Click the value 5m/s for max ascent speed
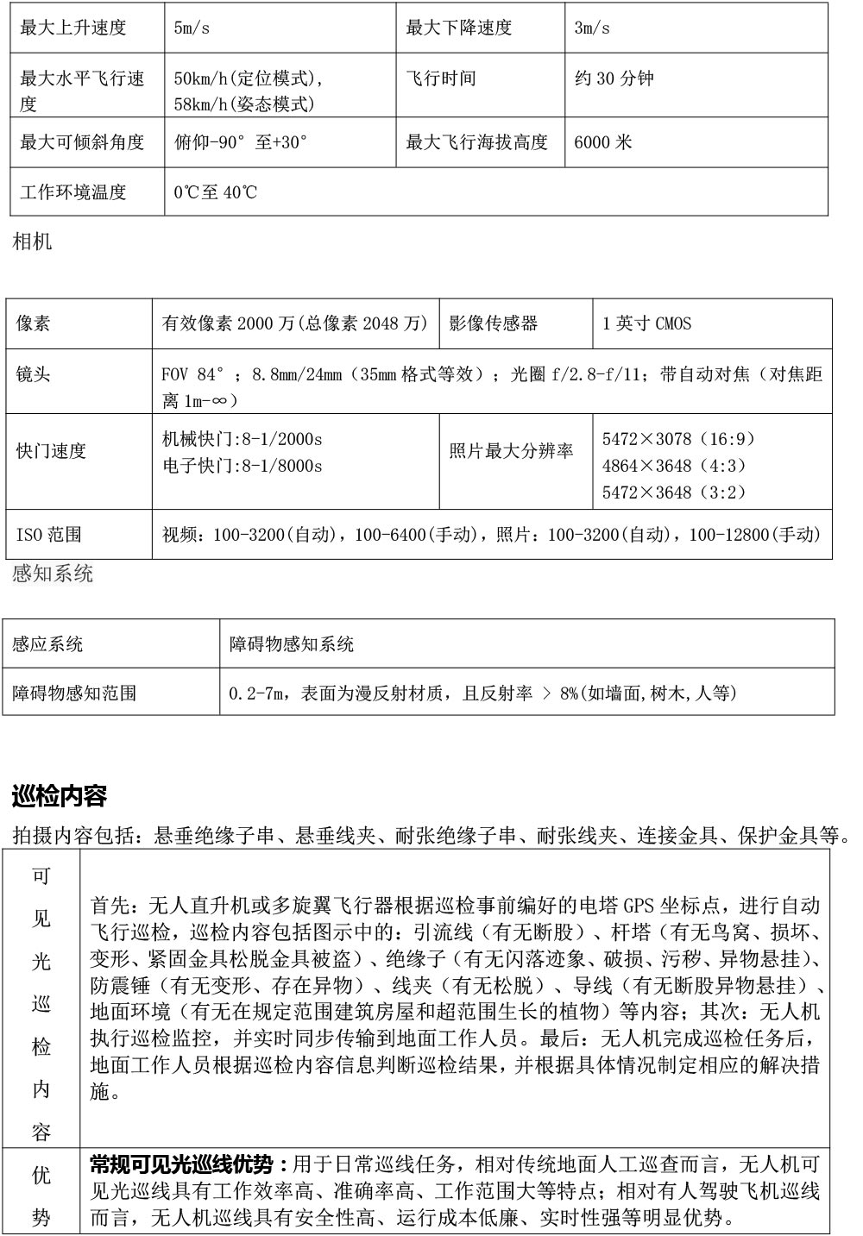192,28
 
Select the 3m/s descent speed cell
592,28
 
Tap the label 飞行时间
441,78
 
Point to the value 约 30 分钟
614,78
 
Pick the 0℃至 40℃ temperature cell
216,191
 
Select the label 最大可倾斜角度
82,141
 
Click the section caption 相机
32,242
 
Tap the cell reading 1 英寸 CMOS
646,323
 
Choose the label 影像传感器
494,323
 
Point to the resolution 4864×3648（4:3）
674,466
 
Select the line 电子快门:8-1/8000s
243,466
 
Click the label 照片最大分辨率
511,450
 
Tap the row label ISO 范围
49,535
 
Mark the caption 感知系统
53,574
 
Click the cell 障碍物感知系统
292,644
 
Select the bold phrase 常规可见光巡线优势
182,1164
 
